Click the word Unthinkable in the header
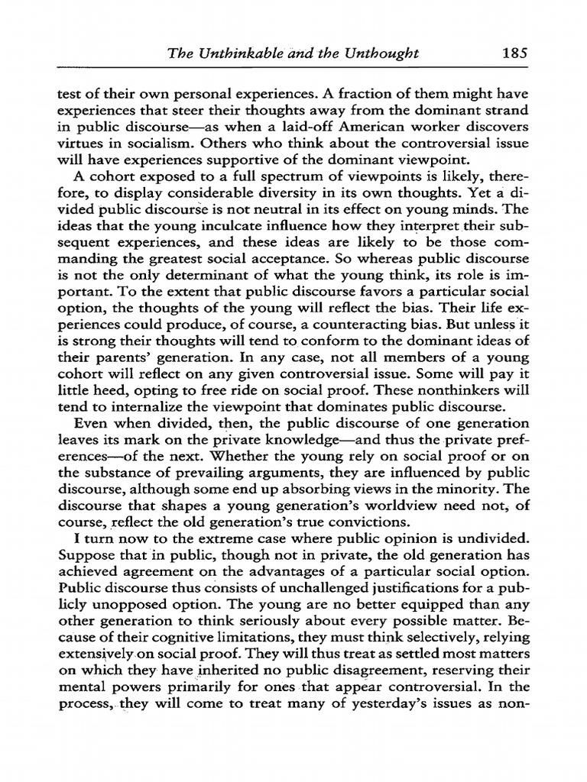tap(244, 53)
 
